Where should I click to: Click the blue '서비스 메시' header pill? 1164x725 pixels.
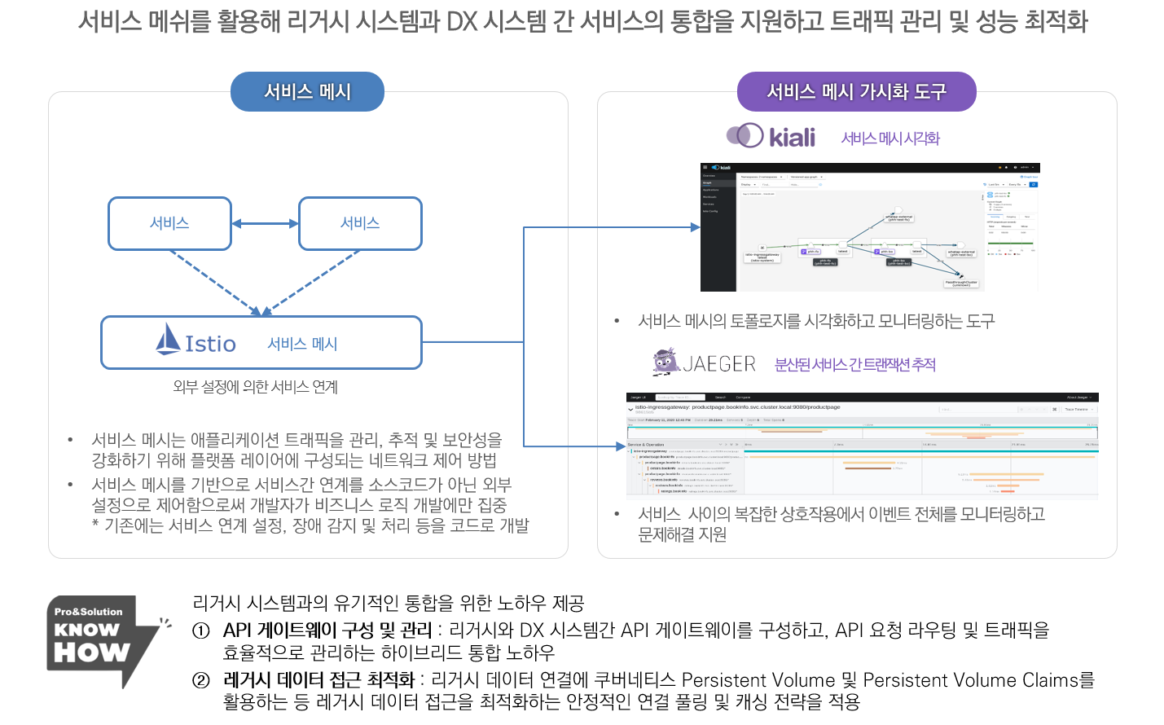point(307,91)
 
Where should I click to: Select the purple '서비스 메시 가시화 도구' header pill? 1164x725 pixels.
point(856,91)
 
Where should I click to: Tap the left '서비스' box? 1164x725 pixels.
point(169,223)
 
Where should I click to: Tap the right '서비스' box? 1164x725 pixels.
point(360,223)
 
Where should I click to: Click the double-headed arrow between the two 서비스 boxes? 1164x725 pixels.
point(265,223)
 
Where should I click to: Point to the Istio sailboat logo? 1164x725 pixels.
point(168,339)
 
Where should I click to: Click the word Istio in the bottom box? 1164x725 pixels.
point(211,344)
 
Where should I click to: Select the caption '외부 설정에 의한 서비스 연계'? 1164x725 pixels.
point(255,386)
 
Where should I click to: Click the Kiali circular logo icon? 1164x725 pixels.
point(745,135)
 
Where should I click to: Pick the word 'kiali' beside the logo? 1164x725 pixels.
point(792,138)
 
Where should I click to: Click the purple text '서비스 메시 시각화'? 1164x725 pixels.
point(890,138)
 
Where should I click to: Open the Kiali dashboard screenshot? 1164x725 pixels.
point(869,227)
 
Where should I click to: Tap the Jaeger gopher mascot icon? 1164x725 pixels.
point(666,361)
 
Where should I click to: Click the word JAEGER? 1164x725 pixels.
point(719,363)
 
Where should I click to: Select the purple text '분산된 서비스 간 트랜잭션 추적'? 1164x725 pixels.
point(854,364)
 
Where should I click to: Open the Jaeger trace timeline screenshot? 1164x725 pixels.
point(862,444)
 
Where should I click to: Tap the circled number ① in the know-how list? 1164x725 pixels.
point(201,631)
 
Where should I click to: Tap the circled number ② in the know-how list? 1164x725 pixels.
point(201,680)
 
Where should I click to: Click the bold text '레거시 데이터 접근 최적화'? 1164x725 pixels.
point(318,680)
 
